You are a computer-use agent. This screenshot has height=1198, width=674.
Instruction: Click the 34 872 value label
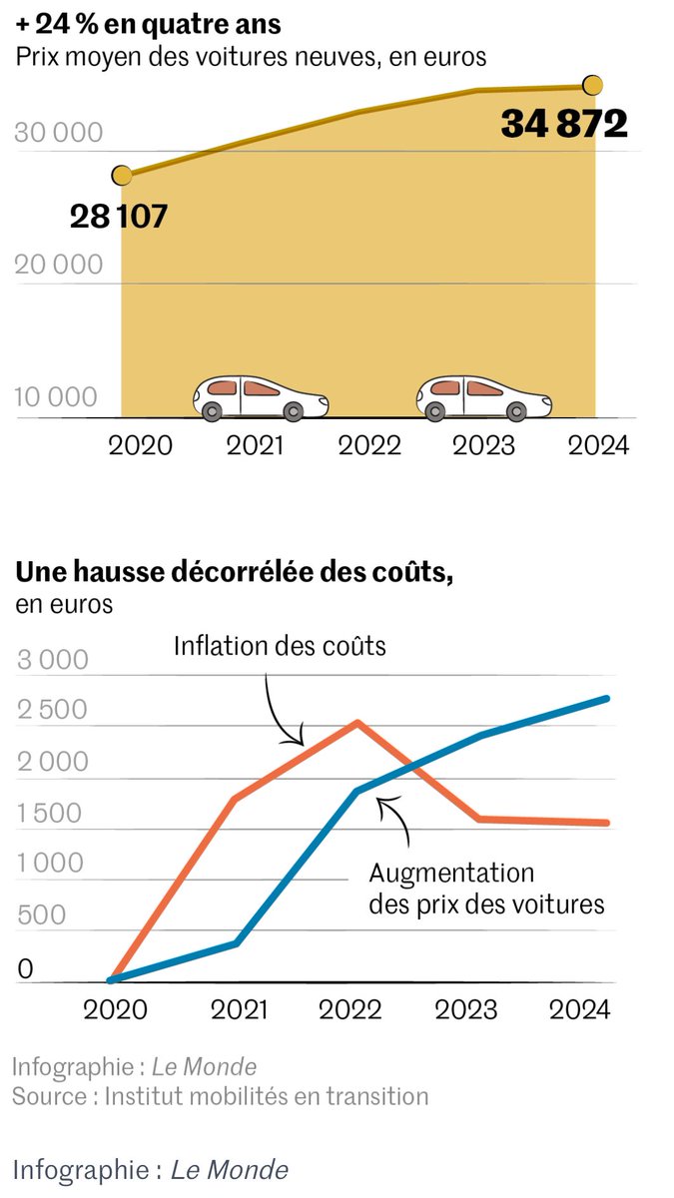[x=564, y=124]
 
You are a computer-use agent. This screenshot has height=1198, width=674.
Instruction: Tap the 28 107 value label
[x=118, y=215]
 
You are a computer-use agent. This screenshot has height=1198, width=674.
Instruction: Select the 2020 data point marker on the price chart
[x=122, y=176]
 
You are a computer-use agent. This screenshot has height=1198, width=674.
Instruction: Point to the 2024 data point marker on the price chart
[x=592, y=84]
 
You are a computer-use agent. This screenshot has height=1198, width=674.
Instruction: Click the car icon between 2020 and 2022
[x=261, y=397]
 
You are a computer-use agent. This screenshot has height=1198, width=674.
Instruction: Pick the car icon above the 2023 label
[x=484, y=397]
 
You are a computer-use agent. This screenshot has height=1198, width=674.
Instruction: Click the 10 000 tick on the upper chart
[x=57, y=397]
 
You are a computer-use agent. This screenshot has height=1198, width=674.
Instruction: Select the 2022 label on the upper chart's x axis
[x=368, y=444]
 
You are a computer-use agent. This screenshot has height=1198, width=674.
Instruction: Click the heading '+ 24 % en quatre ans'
[x=148, y=22]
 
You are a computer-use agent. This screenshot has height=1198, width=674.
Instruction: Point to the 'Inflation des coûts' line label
[x=280, y=645]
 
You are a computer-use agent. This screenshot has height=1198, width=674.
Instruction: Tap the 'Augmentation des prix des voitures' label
[x=486, y=889]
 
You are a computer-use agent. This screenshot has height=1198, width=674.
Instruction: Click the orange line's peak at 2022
[x=357, y=722]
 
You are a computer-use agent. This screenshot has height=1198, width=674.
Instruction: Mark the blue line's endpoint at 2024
[x=608, y=698]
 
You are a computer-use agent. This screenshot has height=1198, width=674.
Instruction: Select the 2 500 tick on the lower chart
[x=53, y=711]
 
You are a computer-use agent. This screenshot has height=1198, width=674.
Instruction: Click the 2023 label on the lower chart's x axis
[x=465, y=1009]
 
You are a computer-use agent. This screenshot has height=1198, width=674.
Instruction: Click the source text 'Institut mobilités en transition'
[x=266, y=1096]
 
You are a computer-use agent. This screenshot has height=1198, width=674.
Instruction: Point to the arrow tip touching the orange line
[x=303, y=744]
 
